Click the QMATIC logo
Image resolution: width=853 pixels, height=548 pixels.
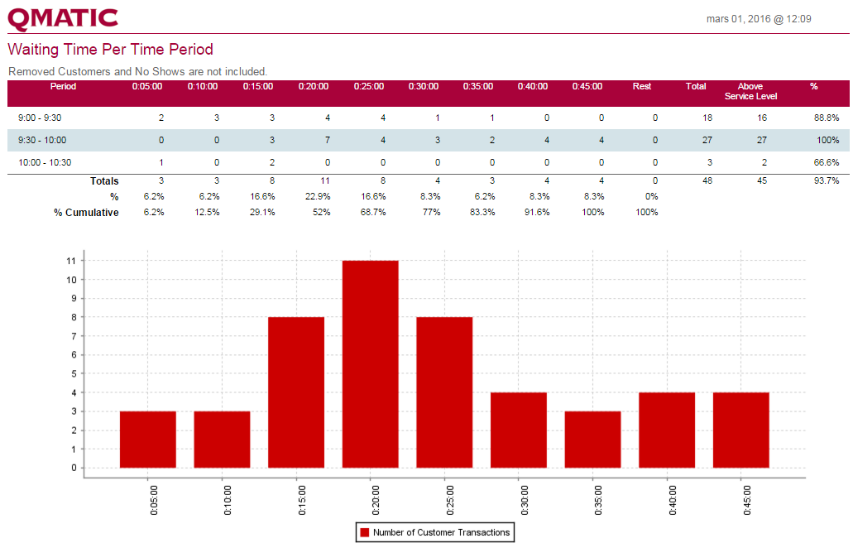63,18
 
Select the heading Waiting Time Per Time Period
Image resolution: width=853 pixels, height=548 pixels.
110,50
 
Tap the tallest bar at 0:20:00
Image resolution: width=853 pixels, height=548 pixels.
370,364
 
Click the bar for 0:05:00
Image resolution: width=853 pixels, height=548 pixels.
147,440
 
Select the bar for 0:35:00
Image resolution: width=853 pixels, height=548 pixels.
592,440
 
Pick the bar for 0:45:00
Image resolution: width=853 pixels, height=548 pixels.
740,430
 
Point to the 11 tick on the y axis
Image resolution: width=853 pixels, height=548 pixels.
72,261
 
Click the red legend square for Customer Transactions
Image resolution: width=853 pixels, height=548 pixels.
363,532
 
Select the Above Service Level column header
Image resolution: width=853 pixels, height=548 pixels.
750,91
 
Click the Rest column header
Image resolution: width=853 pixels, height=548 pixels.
641,86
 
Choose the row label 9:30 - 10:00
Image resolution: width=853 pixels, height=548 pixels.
42,140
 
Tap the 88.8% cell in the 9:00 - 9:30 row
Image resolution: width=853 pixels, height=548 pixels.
827,118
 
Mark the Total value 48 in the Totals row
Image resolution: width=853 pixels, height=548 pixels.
707,180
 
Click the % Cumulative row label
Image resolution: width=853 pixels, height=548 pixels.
86,213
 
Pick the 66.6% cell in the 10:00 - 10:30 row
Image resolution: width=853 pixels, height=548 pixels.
827,162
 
